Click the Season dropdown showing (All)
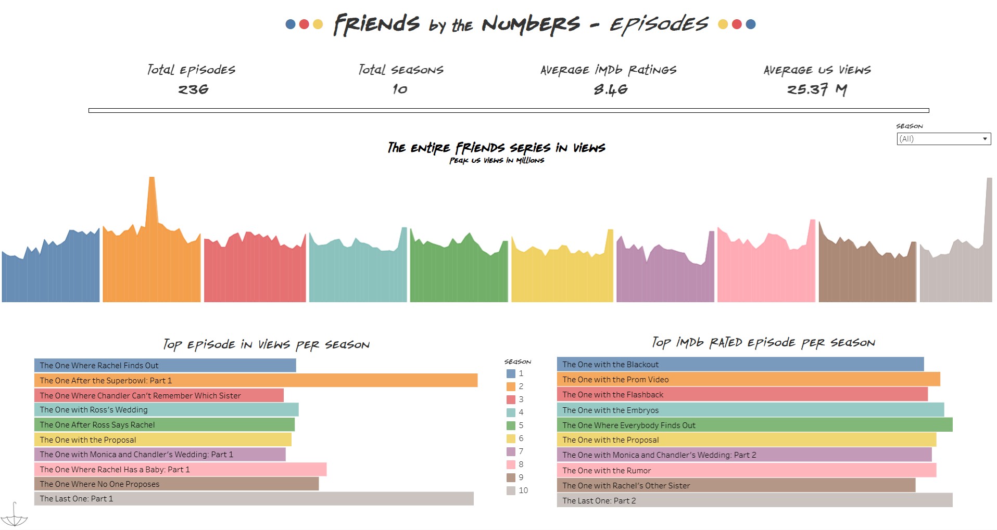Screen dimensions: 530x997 943,139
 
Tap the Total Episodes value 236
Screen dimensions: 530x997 193,89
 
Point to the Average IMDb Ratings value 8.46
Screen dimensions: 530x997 610,89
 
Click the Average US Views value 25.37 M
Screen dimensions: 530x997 816,89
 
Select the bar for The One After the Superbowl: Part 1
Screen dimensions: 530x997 255,381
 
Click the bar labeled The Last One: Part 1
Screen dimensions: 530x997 254,499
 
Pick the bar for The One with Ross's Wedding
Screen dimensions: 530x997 166,410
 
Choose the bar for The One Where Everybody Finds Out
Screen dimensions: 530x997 754,425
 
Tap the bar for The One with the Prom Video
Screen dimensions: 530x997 748,380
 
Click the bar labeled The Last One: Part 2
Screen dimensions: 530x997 754,500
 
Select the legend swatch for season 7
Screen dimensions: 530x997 511,451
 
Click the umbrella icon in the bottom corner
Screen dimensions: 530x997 14,515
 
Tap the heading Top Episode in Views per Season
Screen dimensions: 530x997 266,344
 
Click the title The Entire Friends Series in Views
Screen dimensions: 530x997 496,148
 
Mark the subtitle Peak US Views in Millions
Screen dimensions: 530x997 496,161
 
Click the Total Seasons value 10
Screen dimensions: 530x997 400,89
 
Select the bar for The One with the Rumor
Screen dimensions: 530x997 746,471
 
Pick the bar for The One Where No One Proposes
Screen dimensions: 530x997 176,484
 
